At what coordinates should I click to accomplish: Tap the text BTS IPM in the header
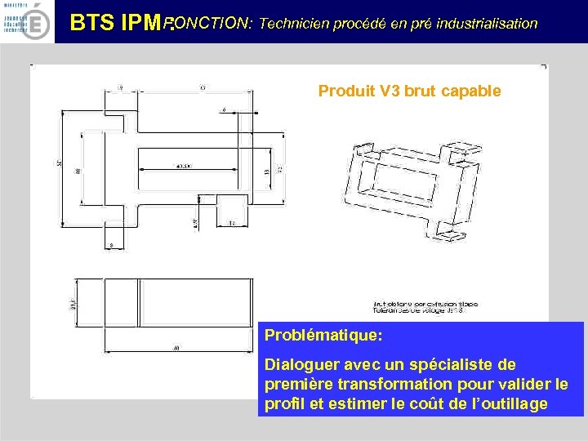[118, 23]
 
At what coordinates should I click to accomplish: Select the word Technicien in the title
[293, 23]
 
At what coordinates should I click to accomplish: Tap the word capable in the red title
[470, 91]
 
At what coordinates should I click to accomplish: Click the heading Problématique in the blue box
[323, 336]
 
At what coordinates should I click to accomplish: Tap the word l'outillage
[506, 403]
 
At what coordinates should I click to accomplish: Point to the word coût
[443, 403]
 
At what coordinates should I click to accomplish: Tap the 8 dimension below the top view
[111, 243]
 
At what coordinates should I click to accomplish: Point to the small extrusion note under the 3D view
[425, 307]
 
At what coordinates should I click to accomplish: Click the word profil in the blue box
[284, 403]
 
